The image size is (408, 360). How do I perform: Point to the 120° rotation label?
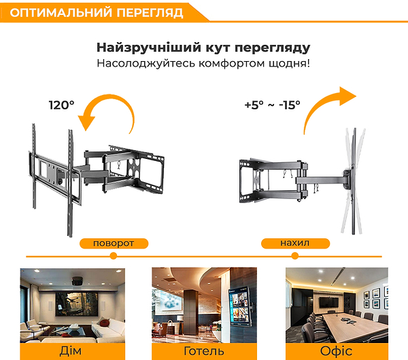62,105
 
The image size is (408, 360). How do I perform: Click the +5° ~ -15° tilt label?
273,105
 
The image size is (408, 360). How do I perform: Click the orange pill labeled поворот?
114,243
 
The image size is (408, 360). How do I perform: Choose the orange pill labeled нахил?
295,243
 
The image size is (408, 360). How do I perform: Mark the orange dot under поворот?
113,256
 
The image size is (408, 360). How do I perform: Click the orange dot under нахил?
295,256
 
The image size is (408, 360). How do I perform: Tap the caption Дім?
71,351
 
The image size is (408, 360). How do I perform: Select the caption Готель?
204,351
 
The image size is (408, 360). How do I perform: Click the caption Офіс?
336,351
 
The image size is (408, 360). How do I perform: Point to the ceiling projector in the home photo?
78,281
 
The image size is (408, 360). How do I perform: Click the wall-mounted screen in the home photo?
77,304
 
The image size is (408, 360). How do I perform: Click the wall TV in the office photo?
329,302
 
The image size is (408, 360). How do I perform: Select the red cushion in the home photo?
104,323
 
